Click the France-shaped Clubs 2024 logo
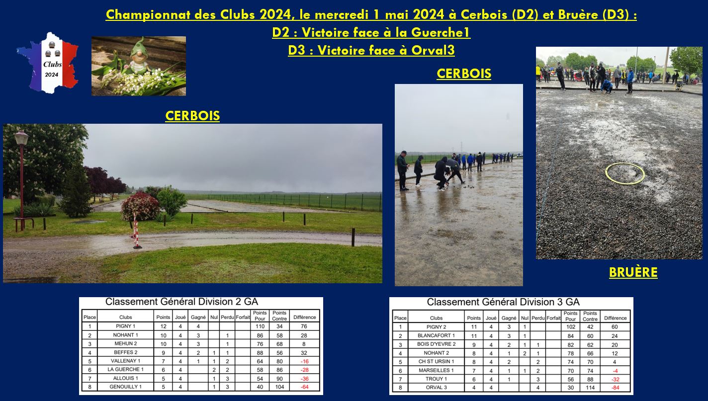[47, 63]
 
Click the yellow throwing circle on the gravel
[625, 173]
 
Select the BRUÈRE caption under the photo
[633, 272]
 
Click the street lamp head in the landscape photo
[21, 138]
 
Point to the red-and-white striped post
[136, 231]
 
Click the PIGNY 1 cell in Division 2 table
[125, 326]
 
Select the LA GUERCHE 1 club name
[125, 369]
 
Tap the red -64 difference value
[305, 387]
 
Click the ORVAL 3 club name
[436, 388]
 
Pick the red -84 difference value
[615, 388]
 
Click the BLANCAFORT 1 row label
[436, 335]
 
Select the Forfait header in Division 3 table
[553, 318]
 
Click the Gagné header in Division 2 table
[198, 317]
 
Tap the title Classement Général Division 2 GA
[182, 302]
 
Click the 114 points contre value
[590, 388]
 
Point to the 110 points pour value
[260, 326]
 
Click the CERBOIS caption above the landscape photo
[192, 116]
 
